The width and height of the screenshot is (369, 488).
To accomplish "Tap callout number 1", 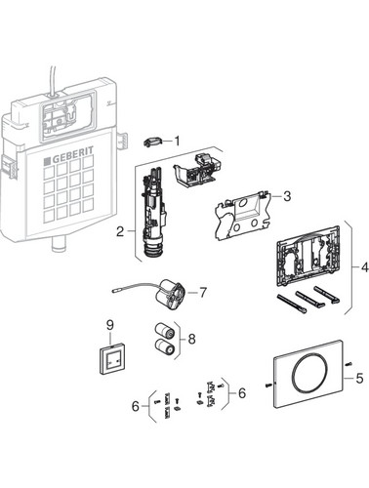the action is [177, 142].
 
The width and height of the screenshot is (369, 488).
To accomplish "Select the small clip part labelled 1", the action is [152, 142].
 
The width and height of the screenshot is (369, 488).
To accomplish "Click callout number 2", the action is [120, 232].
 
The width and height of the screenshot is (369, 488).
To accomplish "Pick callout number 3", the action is [287, 196].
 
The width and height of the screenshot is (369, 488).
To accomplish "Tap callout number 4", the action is [364, 267].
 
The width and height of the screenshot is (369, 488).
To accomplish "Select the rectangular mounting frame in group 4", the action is [307, 258].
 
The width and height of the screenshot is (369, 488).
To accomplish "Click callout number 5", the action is [359, 379].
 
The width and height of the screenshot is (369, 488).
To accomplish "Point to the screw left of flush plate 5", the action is [268, 386].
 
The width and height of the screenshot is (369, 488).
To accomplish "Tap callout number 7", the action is [203, 293].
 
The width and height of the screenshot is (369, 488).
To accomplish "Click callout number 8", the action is [192, 340].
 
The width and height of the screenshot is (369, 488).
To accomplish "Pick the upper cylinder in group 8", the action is [164, 331].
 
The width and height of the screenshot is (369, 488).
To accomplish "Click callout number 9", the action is [110, 324].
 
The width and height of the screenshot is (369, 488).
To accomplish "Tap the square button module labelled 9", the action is [111, 361].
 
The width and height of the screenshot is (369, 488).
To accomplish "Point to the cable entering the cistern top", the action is [53, 81].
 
